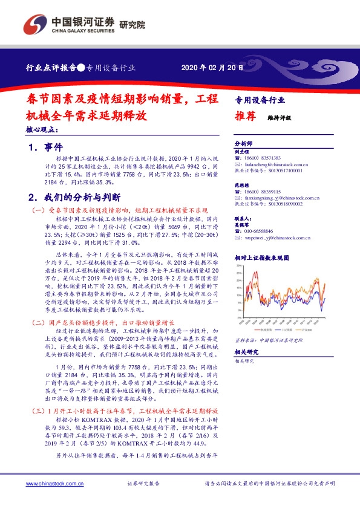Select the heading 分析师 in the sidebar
pyautogui.click(x=243, y=144)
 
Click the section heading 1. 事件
pyautogui.click(x=46, y=147)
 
